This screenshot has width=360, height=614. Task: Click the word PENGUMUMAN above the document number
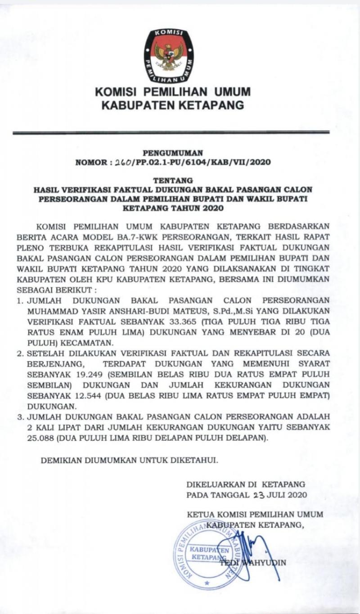click(173, 153)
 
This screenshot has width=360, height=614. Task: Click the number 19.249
click(99, 374)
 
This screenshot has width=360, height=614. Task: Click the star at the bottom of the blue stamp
click(207, 583)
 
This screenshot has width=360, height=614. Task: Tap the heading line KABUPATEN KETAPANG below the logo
click(172, 106)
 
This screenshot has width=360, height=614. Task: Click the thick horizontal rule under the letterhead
click(171, 133)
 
